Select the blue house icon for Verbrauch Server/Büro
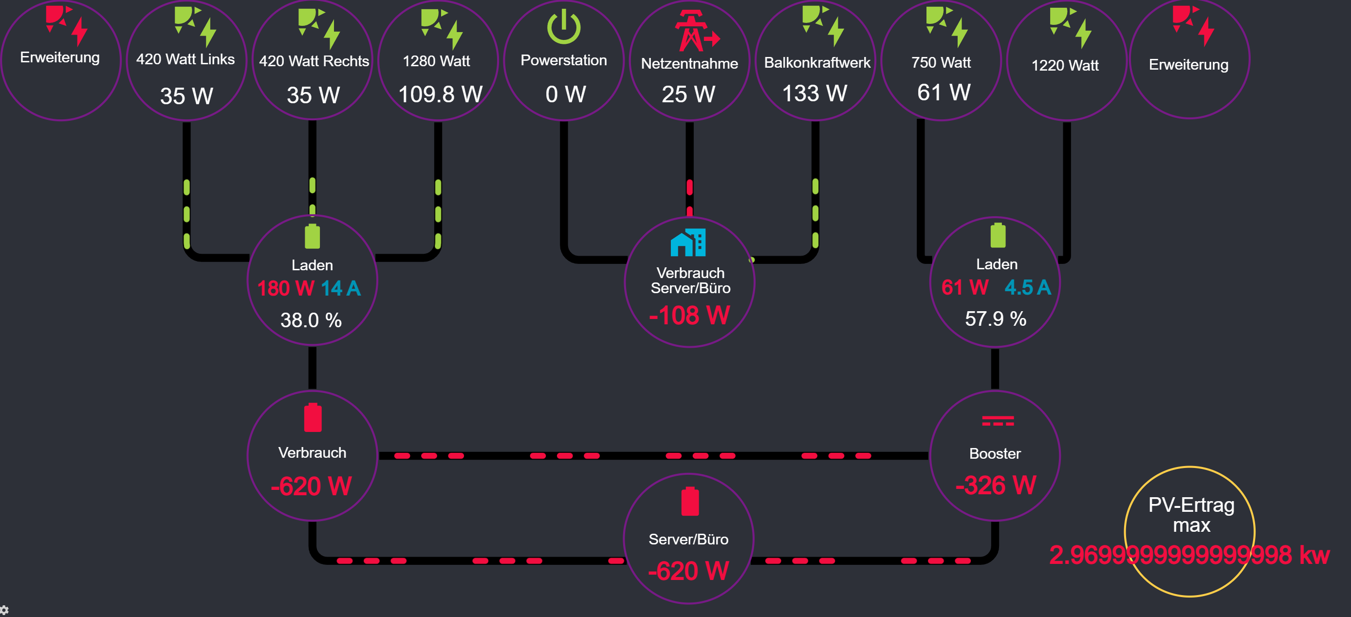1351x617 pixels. [688, 243]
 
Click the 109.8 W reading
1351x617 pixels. [440, 94]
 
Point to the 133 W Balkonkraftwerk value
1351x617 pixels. [814, 93]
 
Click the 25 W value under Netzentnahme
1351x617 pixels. [688, 94]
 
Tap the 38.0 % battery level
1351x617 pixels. [311, 320]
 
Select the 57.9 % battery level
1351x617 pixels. [996, 318]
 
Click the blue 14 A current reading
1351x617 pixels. [341, 288]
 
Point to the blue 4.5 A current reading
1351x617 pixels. [1028, 287]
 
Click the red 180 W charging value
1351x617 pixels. [286, 288]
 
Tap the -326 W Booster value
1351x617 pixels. [996, 486]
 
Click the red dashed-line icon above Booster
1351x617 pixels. [998, 420]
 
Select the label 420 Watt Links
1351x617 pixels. [185, 59]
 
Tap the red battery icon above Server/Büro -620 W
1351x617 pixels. [690, 502]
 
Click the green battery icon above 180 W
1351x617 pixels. [312, 236]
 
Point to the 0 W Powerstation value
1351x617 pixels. [565, 94]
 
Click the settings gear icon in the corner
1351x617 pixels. [4, 611]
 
